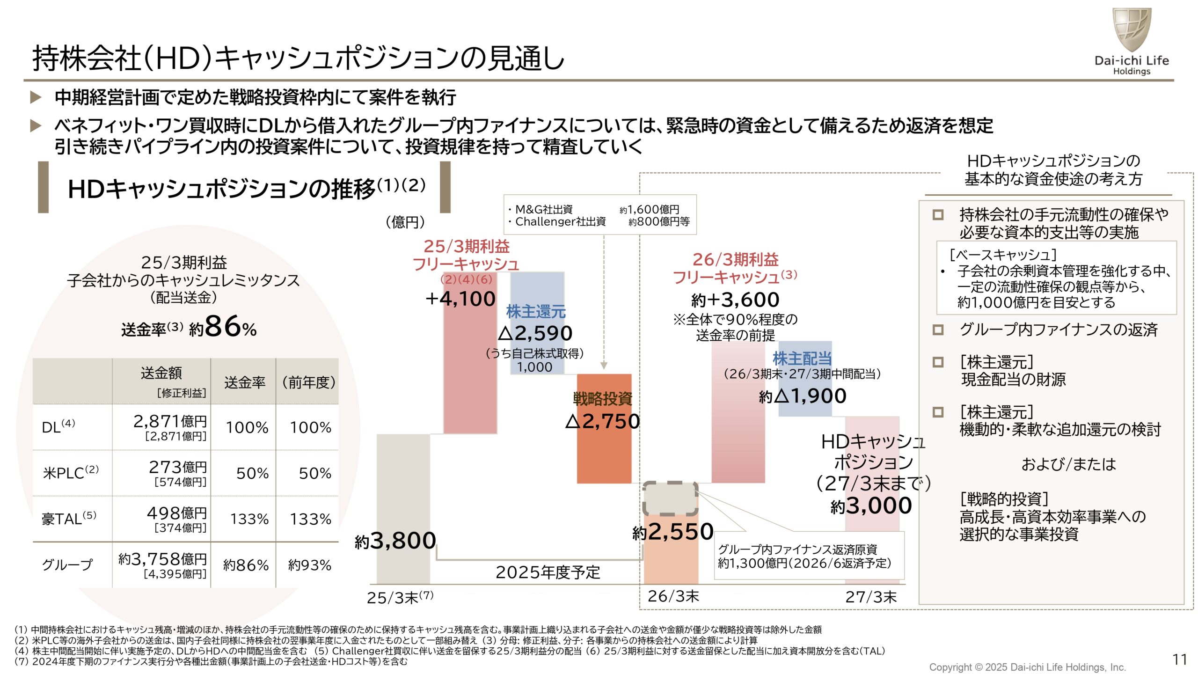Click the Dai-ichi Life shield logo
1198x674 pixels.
point(1131,29)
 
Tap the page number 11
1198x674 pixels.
point(1180,659)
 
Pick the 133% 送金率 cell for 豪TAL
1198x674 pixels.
point(249,519)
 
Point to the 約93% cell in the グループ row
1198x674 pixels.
point(309,565)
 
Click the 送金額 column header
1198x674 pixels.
point(161,373)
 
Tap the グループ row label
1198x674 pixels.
point(67,565)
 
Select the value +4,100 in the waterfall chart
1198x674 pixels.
point(460,299)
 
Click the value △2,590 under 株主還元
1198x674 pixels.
point(535,333)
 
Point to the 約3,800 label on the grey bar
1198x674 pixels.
point(395,541)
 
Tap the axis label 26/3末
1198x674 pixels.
point(673,596)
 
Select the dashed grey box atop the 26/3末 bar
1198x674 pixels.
point(670,498)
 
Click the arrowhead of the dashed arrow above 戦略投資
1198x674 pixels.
point(604,366)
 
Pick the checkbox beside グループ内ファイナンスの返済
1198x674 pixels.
point(938,330)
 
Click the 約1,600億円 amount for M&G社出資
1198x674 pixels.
point(649,210)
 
